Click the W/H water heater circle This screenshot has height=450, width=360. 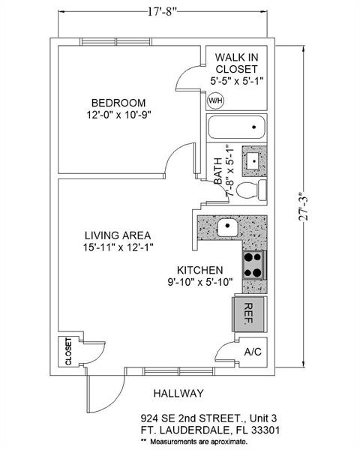215,100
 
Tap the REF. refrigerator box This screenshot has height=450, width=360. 248,313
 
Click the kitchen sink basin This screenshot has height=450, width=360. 227,227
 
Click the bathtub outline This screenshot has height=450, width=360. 236,127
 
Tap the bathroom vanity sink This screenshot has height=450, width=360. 254,160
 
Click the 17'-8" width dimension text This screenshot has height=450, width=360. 163,12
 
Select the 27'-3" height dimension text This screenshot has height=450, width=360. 304,206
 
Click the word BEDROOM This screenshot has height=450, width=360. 118,103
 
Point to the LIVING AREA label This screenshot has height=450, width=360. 118,235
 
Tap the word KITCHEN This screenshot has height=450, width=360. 199,270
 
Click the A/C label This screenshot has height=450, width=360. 253,352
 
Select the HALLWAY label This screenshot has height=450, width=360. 178,393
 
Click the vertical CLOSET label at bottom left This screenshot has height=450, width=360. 68,352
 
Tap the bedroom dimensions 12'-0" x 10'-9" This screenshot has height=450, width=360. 118,115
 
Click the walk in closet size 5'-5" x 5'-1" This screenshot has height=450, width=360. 237,81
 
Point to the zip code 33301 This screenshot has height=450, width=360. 265,430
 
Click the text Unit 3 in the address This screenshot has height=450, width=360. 263,418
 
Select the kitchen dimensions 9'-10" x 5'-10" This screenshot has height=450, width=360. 200,282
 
